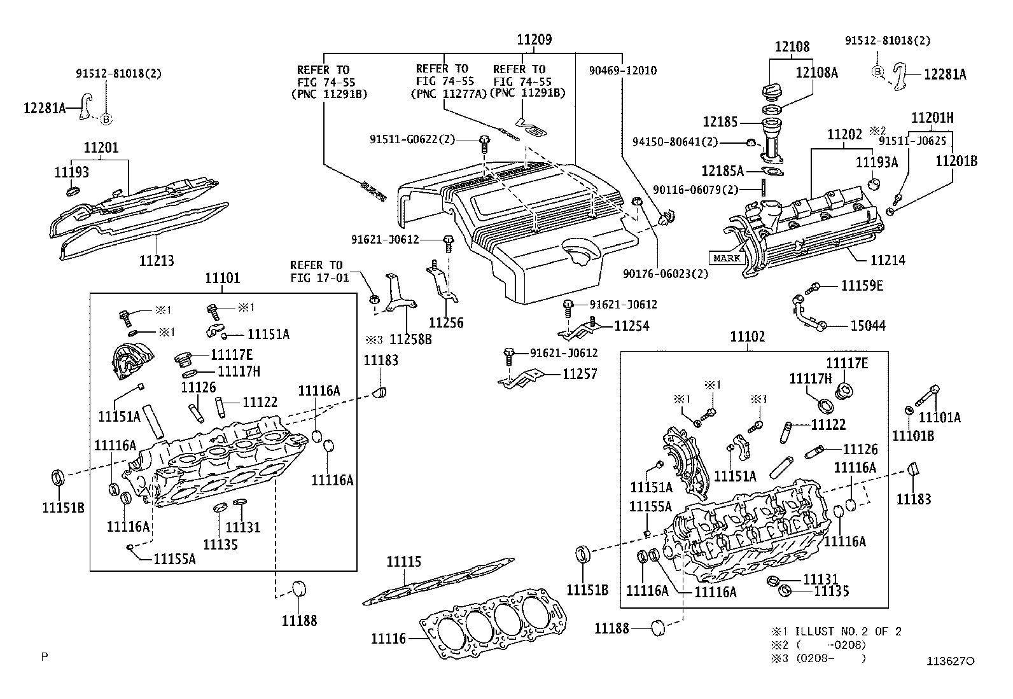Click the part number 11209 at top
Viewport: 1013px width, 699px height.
(534, 40)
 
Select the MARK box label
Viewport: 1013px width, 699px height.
(727, 258)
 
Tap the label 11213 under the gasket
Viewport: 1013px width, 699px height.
(157, 260)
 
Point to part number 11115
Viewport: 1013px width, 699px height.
(404, 562)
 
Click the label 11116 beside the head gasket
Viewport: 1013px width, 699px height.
(389, 639)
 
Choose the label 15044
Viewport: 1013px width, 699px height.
(868, 326)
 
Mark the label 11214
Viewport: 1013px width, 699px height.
(888, 260)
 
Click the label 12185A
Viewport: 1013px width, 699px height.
(723, 171)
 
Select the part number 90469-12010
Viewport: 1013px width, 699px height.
(623, 71)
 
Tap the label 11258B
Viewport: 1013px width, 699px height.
(410, 339)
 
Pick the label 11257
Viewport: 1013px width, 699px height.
(580, 374)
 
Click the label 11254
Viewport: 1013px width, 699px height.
(631, 326)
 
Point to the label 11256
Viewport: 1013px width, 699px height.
(446, 323)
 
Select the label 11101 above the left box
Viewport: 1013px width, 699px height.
(223, 277)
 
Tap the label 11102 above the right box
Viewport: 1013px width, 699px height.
(748, 337)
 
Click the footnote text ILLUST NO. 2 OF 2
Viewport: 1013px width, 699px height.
(848, 631)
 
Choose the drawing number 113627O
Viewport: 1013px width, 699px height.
(951, 661)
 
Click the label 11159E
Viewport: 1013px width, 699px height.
(862, 286)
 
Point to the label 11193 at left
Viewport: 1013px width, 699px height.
(72, 172)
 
